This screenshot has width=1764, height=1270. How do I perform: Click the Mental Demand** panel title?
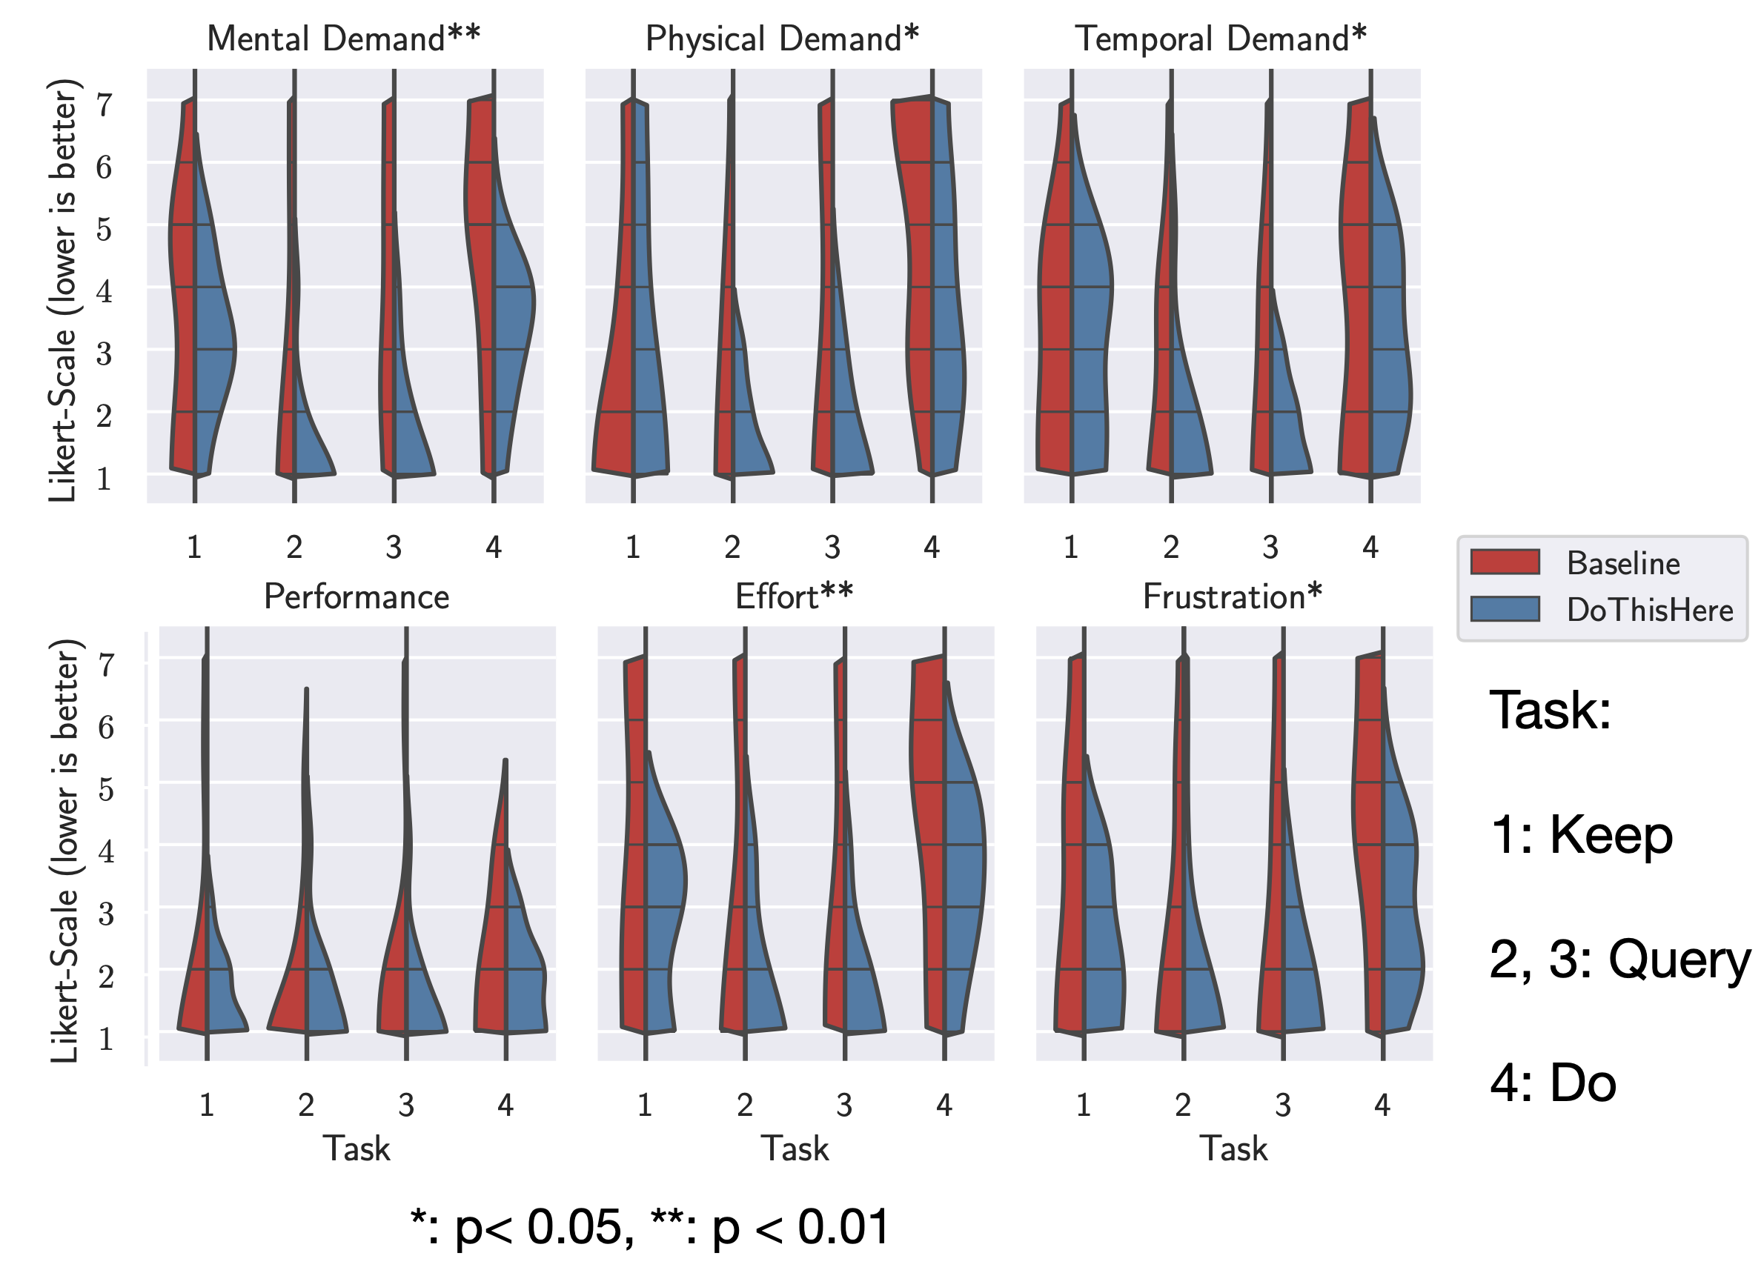click(343, 39)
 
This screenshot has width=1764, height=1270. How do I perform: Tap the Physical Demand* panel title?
click(782, 39)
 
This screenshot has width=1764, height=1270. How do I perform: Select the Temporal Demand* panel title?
click(1220, 39)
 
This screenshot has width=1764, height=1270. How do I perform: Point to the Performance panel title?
click(357, 597)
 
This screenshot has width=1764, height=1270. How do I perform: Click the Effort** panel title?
click(794, 597)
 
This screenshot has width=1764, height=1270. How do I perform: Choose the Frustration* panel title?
click(1232, 597)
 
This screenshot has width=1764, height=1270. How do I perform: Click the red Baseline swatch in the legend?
click(1505, 562)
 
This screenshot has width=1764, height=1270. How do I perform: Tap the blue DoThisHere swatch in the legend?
click(1505, 609)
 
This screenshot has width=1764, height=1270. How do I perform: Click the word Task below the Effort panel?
click(795, 1148)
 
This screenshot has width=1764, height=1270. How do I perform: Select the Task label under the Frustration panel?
click(1233, 1148)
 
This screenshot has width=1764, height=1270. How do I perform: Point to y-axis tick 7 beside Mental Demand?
click(105, 104)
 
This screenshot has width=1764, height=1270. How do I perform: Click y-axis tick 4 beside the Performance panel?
click(107, 851)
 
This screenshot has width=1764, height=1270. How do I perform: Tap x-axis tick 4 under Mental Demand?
click(493, 548)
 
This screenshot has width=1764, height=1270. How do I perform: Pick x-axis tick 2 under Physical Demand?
click(732, 548)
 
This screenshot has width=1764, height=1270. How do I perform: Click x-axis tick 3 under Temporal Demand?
click(1270, 548)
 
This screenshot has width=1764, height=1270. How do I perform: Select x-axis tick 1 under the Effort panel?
click(645, 1105)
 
